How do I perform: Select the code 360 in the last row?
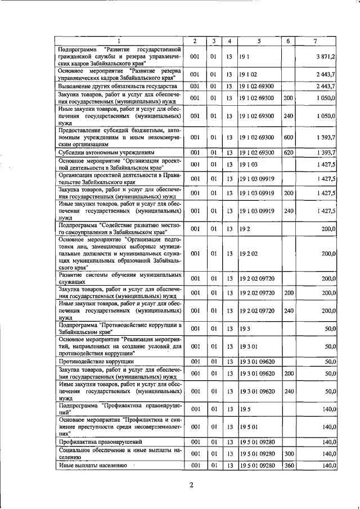click(289, 466)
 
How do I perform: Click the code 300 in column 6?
click(289, 453)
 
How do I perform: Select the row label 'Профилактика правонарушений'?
click(98, 442)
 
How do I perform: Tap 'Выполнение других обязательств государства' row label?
click(118, 86)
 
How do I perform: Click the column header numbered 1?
click(119, 41)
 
